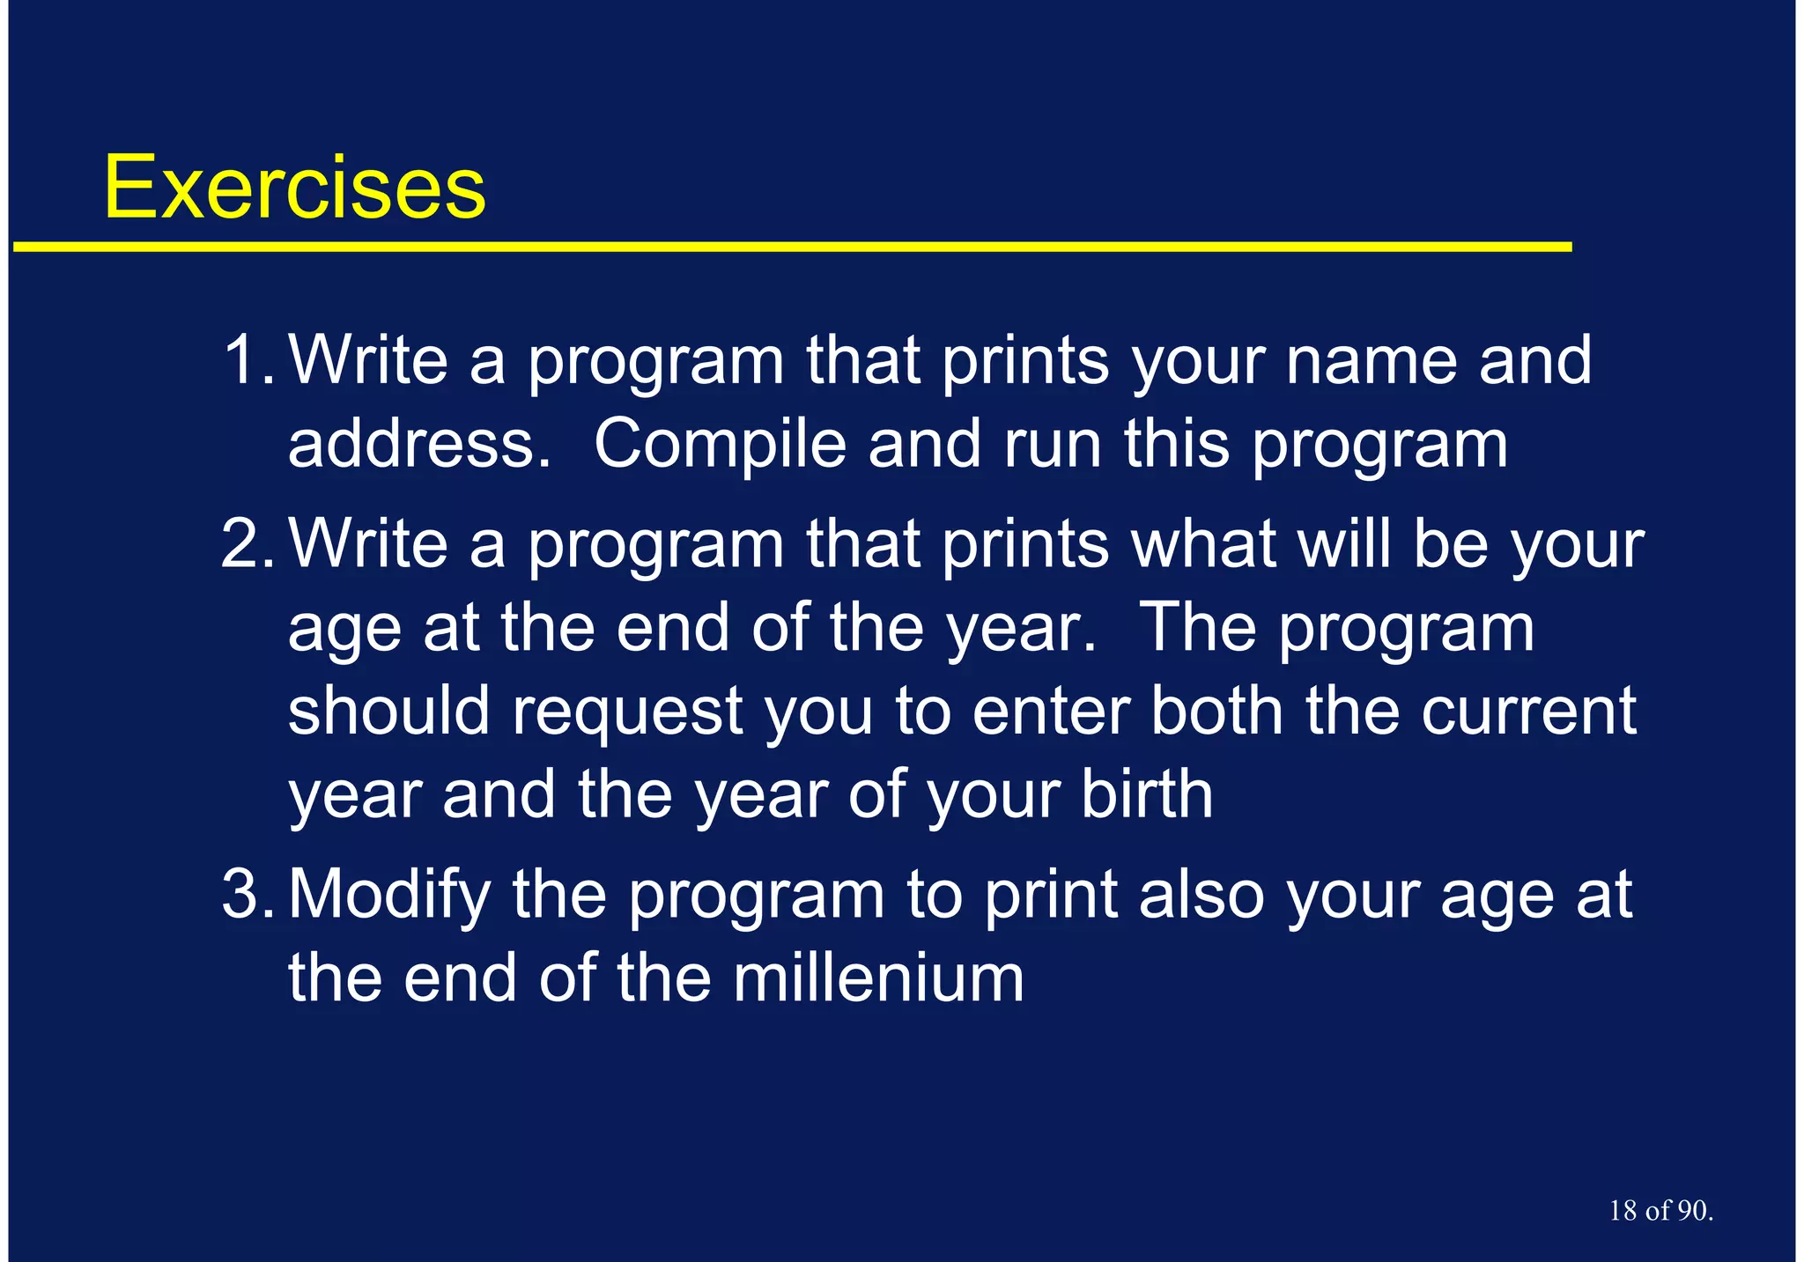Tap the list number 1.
tap(247, 359)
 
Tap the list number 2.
tap(247, 543)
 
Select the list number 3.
tap(247, 894)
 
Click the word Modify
tap(389, 894)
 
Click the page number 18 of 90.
tap(1660, 1210)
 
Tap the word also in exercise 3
tap(1201, 894)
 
